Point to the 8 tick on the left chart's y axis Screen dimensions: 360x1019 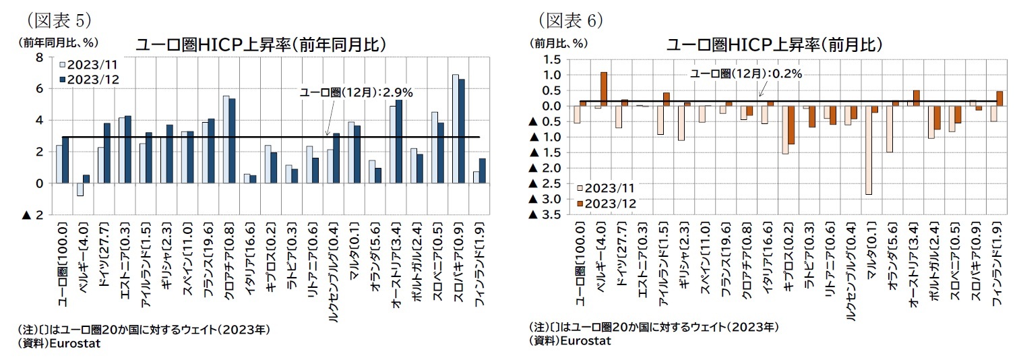click(39, 57)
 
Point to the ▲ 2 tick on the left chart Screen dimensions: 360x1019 click(34, 215)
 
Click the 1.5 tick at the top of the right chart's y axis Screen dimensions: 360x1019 click(552, 59)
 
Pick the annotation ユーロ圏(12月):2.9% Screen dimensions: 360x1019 click(356, 92)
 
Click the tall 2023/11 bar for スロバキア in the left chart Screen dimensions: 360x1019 click(456, 129)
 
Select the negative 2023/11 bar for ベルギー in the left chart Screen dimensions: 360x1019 click(80, 189)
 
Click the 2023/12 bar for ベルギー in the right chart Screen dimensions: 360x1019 click(604, 89)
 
